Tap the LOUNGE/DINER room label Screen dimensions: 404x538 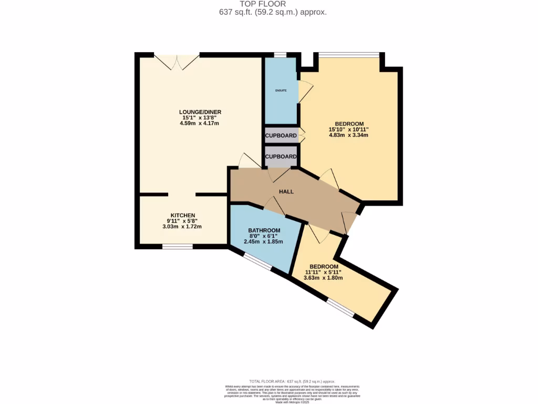point(200,112)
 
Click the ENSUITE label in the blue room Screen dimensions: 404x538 point(281,90)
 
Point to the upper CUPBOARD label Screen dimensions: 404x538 point(281,136)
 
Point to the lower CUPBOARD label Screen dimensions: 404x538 point(281,157)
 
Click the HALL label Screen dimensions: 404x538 point(286,191)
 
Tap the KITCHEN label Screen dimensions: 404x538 point(182,215)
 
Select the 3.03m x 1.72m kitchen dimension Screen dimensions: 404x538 point(182,227)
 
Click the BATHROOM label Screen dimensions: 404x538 point(264,230)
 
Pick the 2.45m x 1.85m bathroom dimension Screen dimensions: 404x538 point(264,242)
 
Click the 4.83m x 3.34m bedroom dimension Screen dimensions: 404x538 point(348,135)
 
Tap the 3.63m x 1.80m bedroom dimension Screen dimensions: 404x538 point(324,278)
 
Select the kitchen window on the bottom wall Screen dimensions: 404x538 point(177,246)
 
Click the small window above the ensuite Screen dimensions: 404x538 point(280,55)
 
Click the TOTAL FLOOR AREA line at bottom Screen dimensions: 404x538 point(292,381)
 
